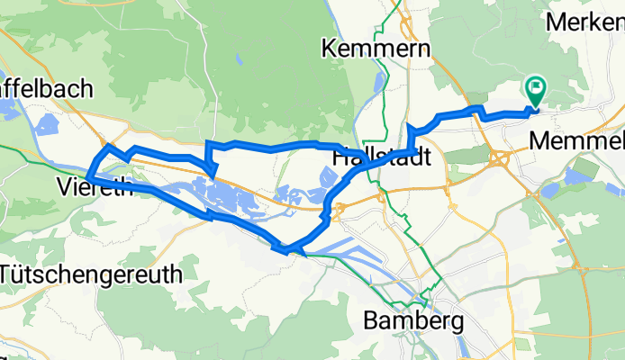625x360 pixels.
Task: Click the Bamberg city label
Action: click(414, 319)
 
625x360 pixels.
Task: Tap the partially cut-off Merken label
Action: click(584, 20)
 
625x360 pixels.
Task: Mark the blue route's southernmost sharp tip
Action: click(285, 250)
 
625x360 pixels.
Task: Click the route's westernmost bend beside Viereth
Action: click(91, 166)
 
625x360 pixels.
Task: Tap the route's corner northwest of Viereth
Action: click(109, 146)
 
